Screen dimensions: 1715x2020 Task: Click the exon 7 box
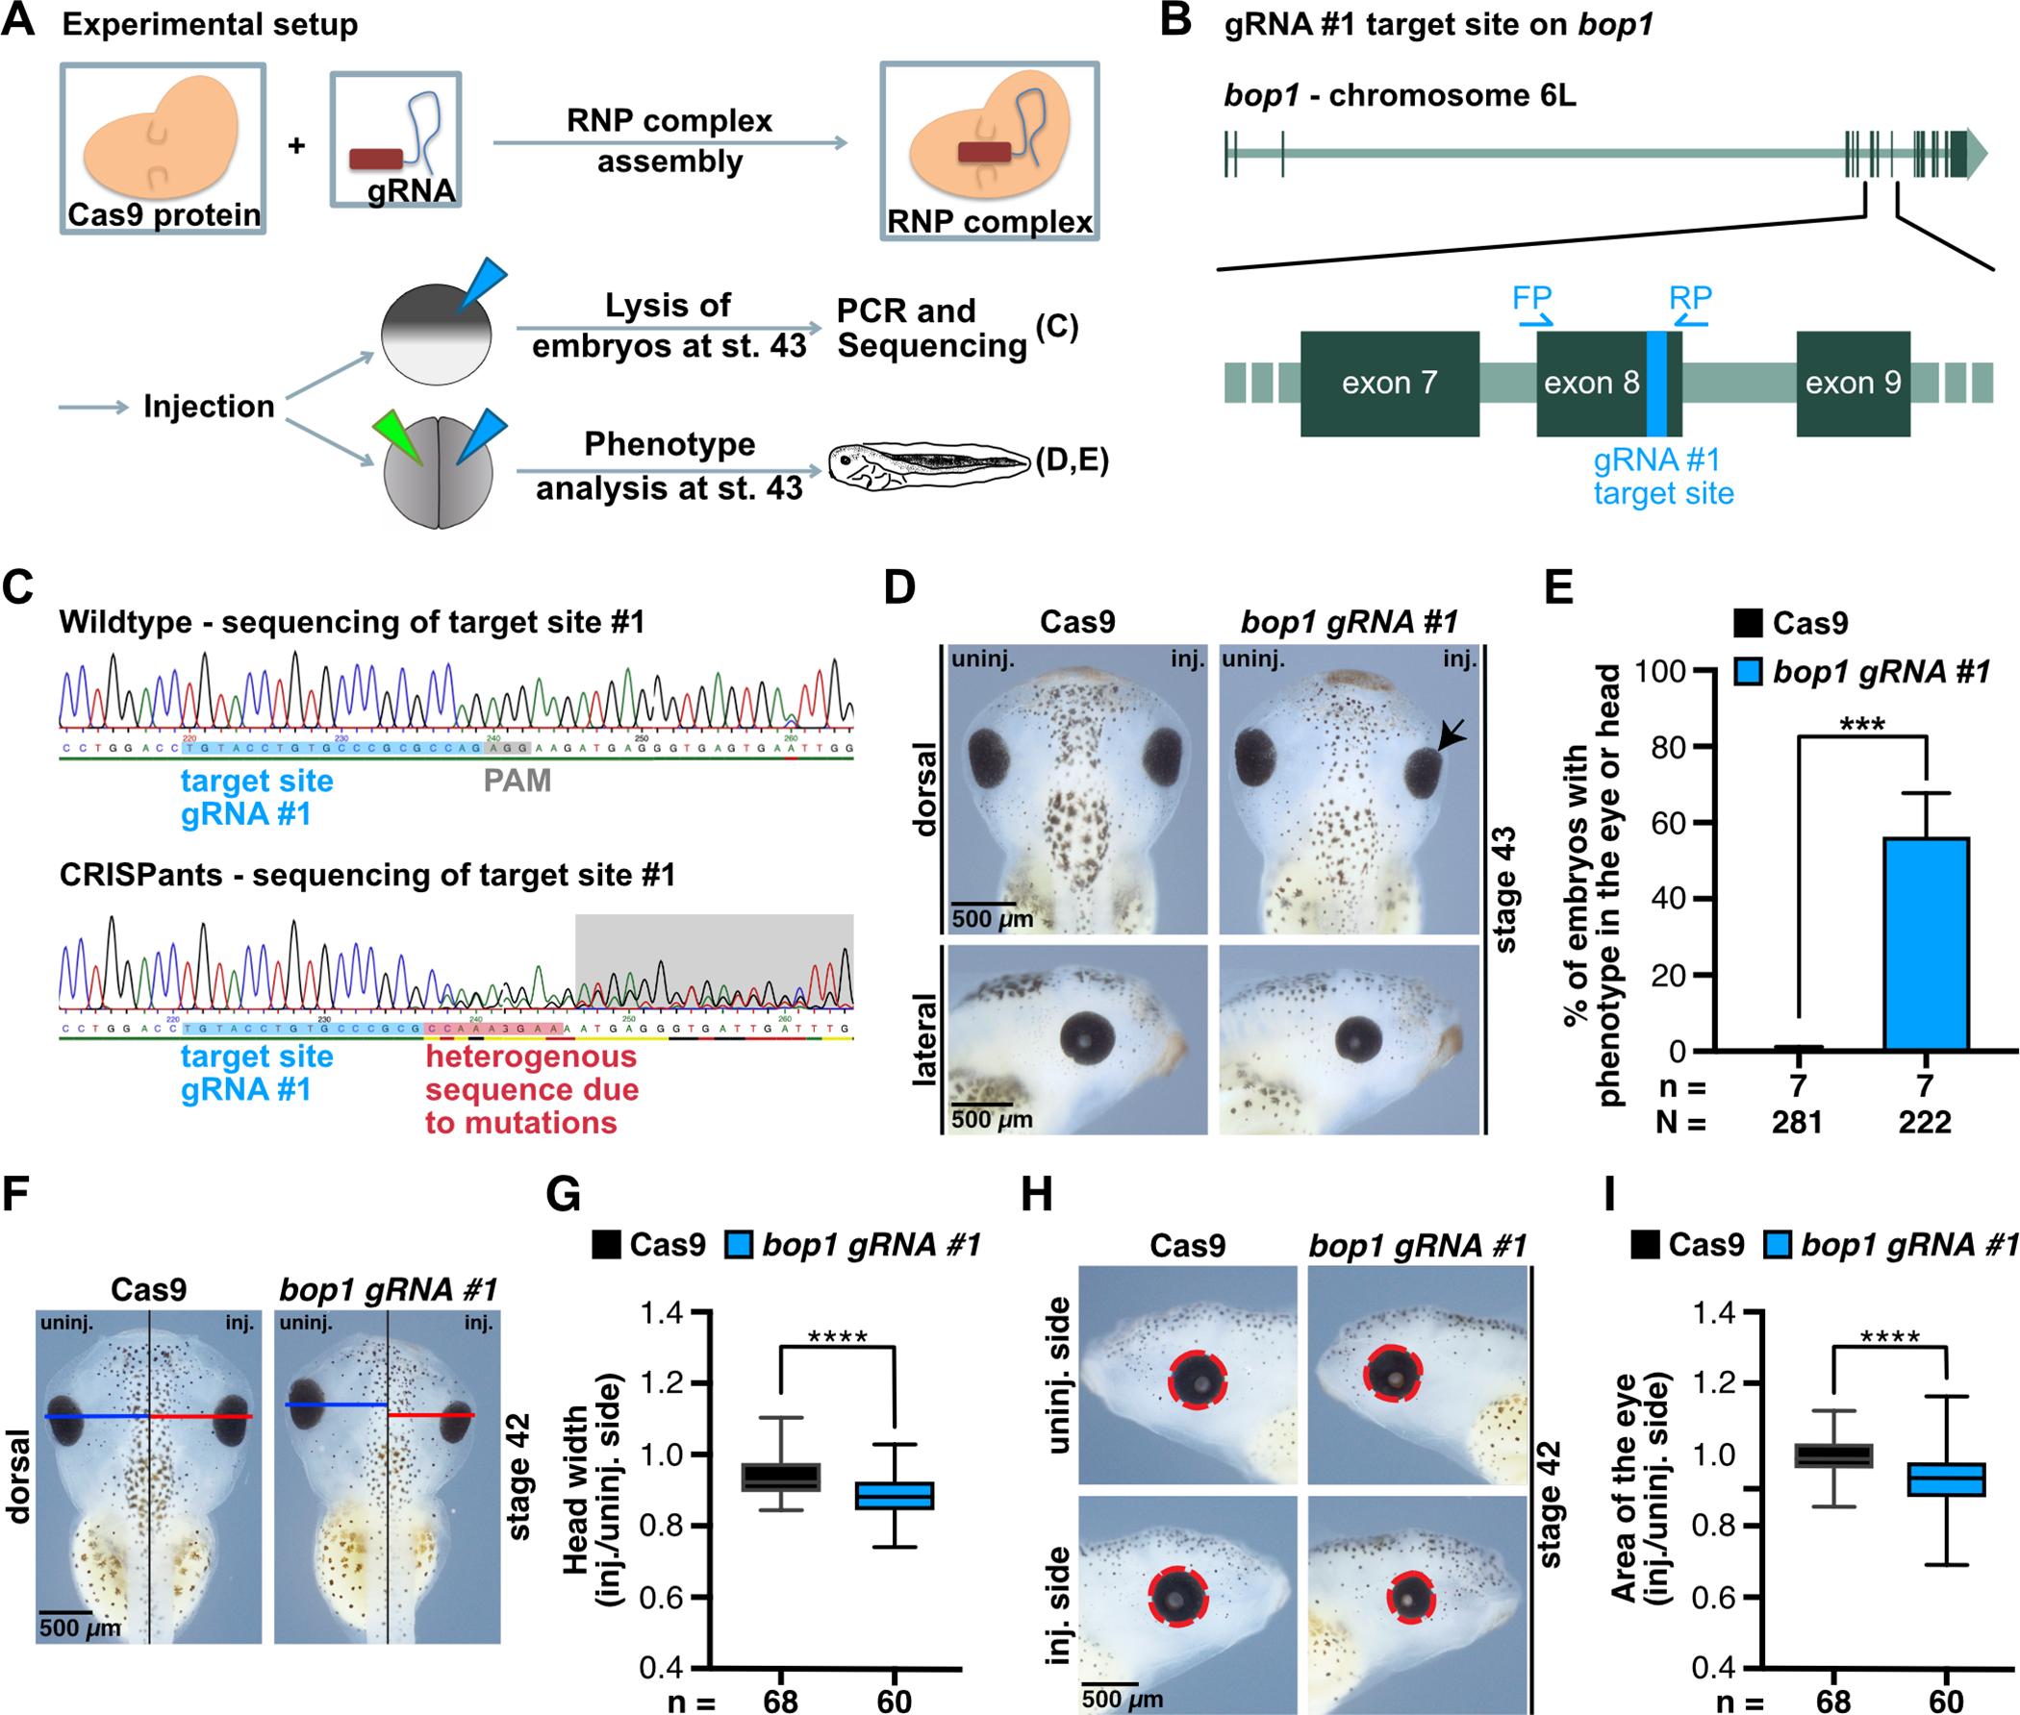click(1390, 383)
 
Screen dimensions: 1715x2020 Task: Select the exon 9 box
click(1853, 383)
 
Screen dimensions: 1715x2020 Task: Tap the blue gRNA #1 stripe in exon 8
click(1656, 383)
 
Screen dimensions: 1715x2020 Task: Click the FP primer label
click(1531, 297)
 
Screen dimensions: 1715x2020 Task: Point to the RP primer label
click(1690, 297)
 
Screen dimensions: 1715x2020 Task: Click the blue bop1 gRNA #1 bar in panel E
click(1926, 942)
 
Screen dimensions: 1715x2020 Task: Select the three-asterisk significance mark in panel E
click(1861, 724)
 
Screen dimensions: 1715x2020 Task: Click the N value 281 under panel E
click(1796, 1122)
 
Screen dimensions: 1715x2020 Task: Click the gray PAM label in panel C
click(518, 781)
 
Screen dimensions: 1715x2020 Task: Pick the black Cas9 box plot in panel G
click(781, 1476)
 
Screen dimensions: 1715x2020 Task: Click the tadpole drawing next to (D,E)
click(928, 464)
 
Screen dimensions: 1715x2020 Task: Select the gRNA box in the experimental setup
click(396, 138)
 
